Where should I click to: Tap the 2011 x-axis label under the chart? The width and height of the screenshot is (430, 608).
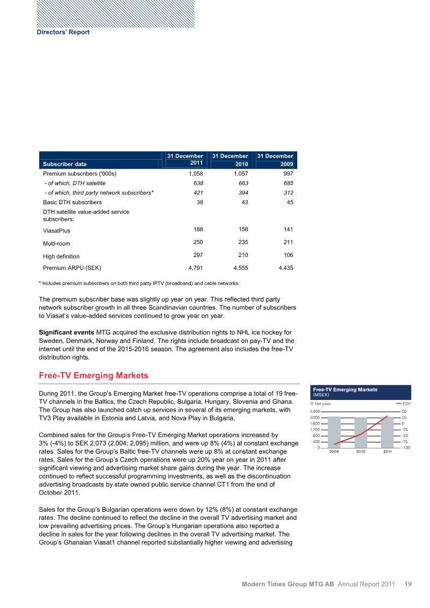388,451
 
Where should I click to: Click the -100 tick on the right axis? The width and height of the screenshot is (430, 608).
406,447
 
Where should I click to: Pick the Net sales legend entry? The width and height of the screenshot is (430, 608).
322,404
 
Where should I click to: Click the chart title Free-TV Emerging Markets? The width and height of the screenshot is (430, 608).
345,389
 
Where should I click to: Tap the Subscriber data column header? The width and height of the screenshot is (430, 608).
64,163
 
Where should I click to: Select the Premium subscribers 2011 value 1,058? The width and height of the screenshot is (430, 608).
193,174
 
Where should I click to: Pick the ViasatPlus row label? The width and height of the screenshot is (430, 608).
56,231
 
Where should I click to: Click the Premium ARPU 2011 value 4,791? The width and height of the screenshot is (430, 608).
193,267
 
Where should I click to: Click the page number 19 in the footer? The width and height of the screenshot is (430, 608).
408,583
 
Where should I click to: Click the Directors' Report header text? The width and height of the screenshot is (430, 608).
63,32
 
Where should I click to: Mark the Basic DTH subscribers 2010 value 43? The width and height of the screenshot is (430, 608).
241,202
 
